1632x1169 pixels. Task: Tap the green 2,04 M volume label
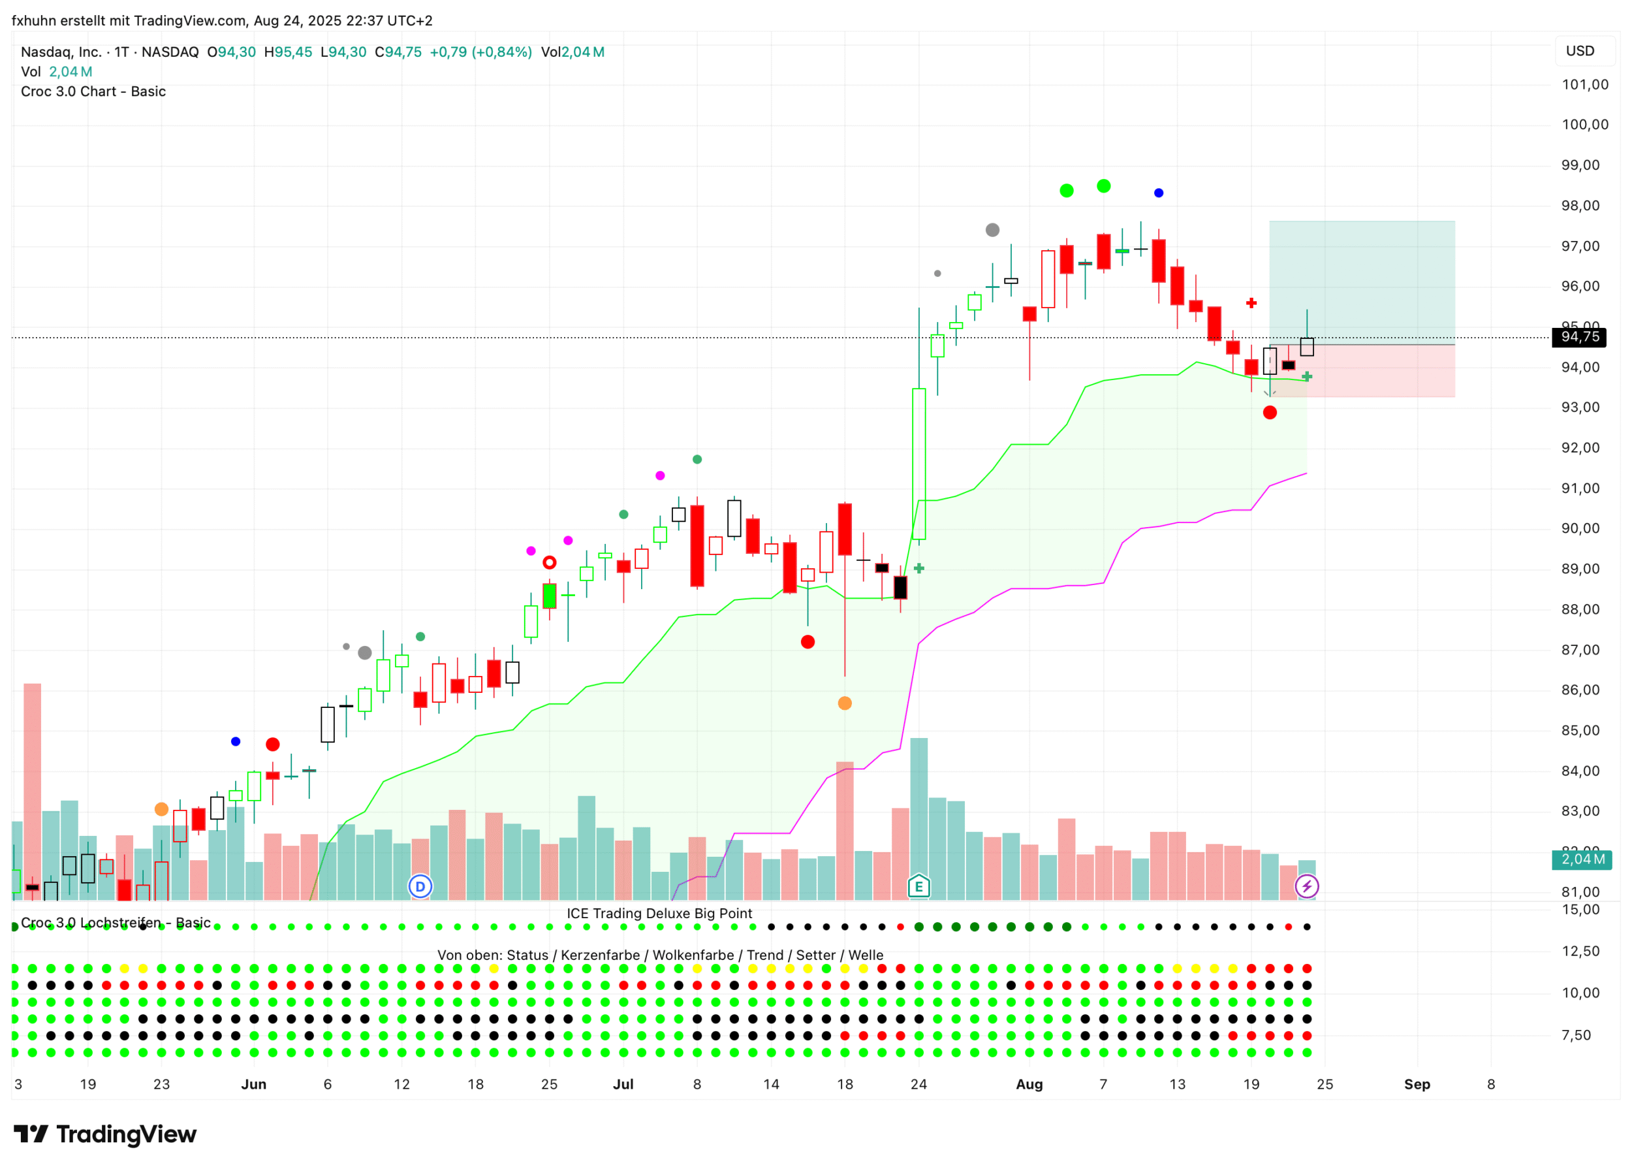pos(1582,859)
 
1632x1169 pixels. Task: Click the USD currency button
pos(1580,51)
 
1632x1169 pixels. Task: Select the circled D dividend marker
pos(420,886)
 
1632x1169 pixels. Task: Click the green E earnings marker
pos(919,886)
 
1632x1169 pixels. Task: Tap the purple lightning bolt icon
pos(1307,886)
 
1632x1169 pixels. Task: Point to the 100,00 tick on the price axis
pos(1584,125)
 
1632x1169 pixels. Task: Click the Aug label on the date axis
pos(1029,1084)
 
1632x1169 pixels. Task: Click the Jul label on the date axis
pos(623,1084)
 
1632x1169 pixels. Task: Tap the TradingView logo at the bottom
pos(105,1134)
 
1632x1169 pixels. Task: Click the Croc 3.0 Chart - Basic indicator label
pos(93,91)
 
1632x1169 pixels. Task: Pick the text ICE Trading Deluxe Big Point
pos(659,914)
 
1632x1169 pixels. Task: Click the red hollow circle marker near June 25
pos(549,562)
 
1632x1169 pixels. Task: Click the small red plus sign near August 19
pos(1251,303)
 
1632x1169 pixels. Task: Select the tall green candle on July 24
pos(919,464)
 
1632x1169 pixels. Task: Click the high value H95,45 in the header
pos(288,52)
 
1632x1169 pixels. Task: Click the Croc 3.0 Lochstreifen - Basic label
pos(115,923)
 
